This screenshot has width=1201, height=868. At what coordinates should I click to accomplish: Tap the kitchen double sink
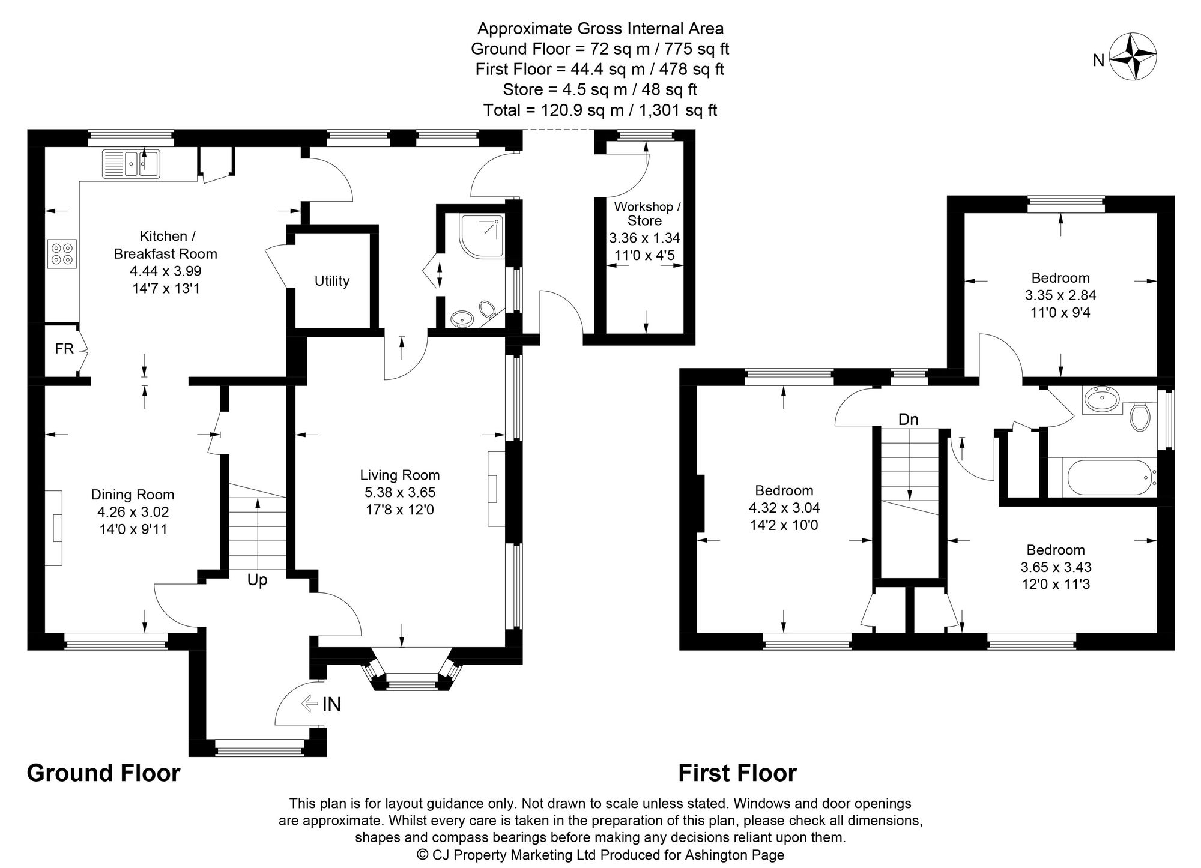point(131,163)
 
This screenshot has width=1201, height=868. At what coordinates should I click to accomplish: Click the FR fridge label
point(64,349)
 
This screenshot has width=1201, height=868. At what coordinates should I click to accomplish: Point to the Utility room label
point(332,281)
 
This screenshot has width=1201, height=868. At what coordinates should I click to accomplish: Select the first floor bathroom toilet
point(1139,416)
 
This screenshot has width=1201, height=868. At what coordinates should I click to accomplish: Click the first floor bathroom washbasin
point(1101,398)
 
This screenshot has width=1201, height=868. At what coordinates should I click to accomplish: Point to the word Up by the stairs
point(258,580)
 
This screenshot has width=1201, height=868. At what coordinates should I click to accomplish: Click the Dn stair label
point(908,420)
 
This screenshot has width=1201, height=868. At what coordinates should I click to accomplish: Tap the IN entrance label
point(331,704)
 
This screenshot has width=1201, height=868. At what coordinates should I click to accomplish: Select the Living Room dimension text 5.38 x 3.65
point(400,493)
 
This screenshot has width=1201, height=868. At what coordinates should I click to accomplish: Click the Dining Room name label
point(133,495)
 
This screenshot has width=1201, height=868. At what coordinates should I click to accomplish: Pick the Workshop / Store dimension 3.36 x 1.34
point(644,238)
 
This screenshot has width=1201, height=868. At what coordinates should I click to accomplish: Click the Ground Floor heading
point(103,773)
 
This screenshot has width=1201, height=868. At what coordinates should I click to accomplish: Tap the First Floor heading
point(737,773)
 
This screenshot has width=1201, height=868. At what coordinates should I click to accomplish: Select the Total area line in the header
point(600,110)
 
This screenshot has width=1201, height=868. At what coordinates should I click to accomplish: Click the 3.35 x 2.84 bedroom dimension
point(1060,295)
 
